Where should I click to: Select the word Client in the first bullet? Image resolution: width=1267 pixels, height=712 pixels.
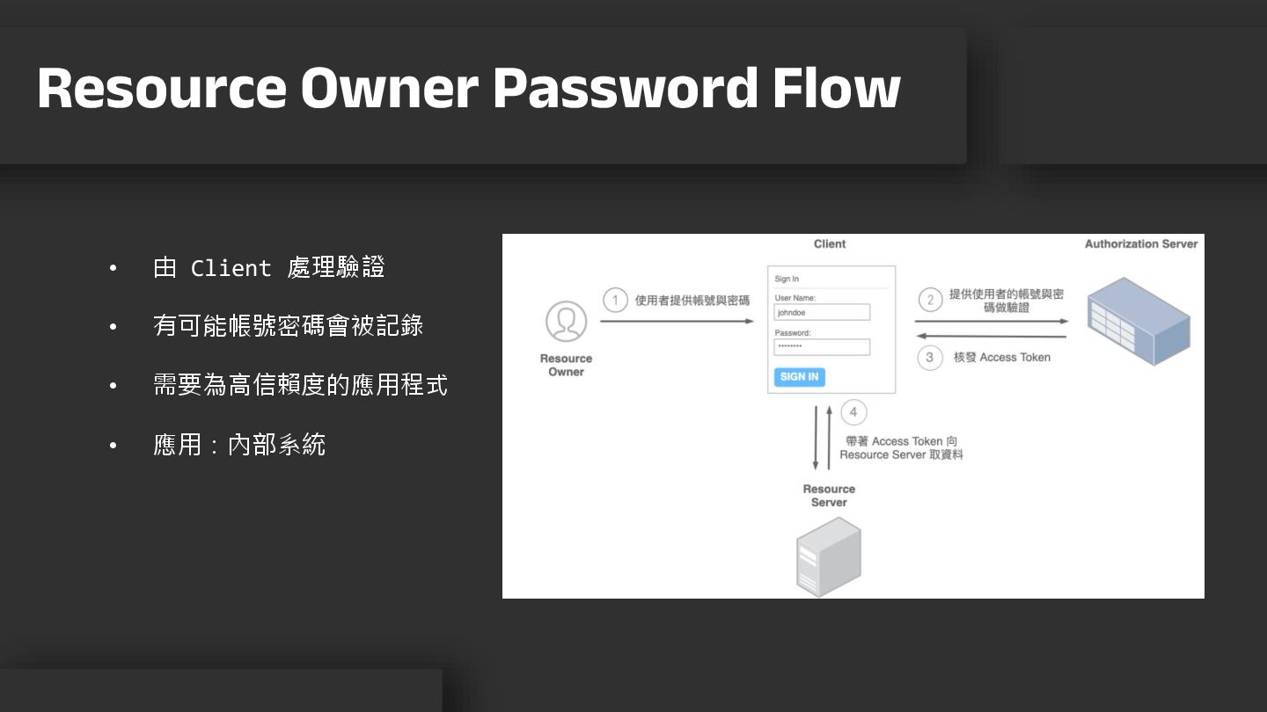pos(231,268)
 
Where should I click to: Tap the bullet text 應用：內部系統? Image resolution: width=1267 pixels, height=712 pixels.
pos(239,445)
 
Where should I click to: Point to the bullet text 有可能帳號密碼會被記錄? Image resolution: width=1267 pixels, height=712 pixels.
pos(288,326)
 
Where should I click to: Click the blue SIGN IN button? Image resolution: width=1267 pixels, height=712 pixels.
pos(799,377)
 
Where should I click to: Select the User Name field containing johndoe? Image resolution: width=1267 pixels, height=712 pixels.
pos(822,312)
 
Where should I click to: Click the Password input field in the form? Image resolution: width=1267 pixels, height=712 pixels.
pos(822,347)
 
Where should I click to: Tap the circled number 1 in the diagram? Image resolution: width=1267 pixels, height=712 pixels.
pos(616,301)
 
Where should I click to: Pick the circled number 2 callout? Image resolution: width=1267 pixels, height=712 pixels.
pos(930,301)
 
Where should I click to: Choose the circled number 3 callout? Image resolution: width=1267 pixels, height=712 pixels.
pos(930,358)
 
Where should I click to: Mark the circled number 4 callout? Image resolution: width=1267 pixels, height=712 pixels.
pos(853,412)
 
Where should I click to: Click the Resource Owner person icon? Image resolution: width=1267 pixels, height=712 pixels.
pos(566,322)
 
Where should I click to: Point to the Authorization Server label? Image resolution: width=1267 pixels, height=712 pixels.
pos(1140,244)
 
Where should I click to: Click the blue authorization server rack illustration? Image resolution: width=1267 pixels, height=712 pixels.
pos(1139,320)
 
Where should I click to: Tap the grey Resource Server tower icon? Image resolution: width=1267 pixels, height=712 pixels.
pos(828,557)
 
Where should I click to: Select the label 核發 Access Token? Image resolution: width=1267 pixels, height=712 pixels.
pos(1001,358)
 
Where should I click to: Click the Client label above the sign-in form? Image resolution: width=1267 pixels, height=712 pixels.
pos(830,244)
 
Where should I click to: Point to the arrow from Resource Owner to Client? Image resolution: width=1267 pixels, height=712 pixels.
pos(676,322)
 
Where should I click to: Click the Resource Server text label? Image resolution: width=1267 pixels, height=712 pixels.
pos(829,496)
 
